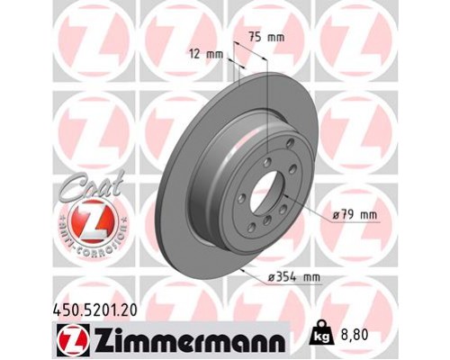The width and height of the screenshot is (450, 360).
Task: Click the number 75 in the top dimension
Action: click(x=256, y=39)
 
